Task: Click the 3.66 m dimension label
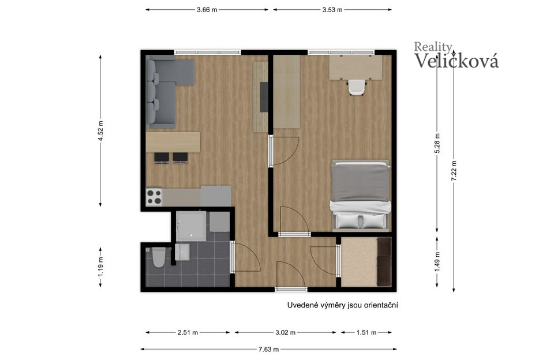(207, 10)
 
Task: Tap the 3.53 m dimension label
(332, 10)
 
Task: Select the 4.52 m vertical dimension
(100, 131)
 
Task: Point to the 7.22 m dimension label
(454, 171)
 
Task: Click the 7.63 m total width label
(268, 350)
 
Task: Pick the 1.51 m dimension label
(366, 332)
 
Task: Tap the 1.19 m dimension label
(100, 267)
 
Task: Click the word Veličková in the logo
(456, 61)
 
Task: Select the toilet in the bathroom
(158, 257)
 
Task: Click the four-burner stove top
(154, 197)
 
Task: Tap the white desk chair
(356, 87)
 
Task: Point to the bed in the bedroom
(361, 196)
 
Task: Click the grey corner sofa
(166, 92)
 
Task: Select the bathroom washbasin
(182, 252)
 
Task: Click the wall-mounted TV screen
(264, 97)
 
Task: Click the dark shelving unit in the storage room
(384, 261)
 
